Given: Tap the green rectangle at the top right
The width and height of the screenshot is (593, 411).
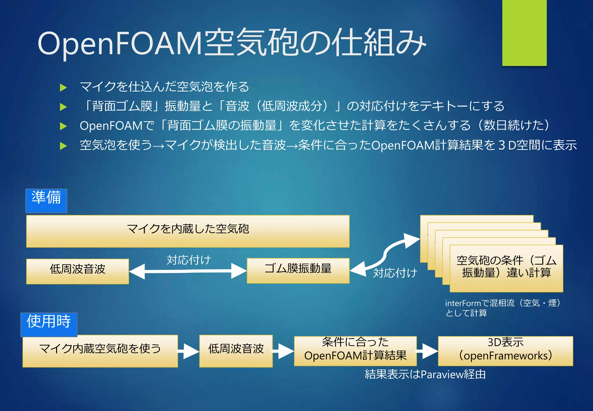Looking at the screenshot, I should (524, 32).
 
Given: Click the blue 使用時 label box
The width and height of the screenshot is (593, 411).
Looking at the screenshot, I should (49, 324).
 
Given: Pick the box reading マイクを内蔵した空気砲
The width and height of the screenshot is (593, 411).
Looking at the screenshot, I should (188, 231).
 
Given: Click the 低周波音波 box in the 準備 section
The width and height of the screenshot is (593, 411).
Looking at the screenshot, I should (77, 271).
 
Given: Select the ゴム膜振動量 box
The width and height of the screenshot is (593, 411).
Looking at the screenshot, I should (298, 270).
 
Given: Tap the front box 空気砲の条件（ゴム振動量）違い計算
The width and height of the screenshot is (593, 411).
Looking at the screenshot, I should (506, 268).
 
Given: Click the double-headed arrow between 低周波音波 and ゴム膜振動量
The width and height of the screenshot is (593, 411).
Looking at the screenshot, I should (188, 271).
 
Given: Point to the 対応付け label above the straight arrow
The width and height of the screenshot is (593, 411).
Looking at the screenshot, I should (189, 260).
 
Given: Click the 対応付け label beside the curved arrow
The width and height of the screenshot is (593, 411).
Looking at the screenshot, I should (395, 273).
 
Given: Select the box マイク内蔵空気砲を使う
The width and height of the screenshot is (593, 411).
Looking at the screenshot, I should (100, 351).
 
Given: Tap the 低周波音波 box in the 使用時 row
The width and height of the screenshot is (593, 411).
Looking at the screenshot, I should (236, 351).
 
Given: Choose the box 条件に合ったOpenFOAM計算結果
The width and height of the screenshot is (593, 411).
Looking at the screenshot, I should (355, 351).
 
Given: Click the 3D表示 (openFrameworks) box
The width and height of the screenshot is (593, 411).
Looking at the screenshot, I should (505, 351).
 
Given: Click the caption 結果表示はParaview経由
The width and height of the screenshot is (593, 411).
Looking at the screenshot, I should (425, 374).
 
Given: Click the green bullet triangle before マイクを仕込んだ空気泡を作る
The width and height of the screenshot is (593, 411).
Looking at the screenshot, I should (63, 87).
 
